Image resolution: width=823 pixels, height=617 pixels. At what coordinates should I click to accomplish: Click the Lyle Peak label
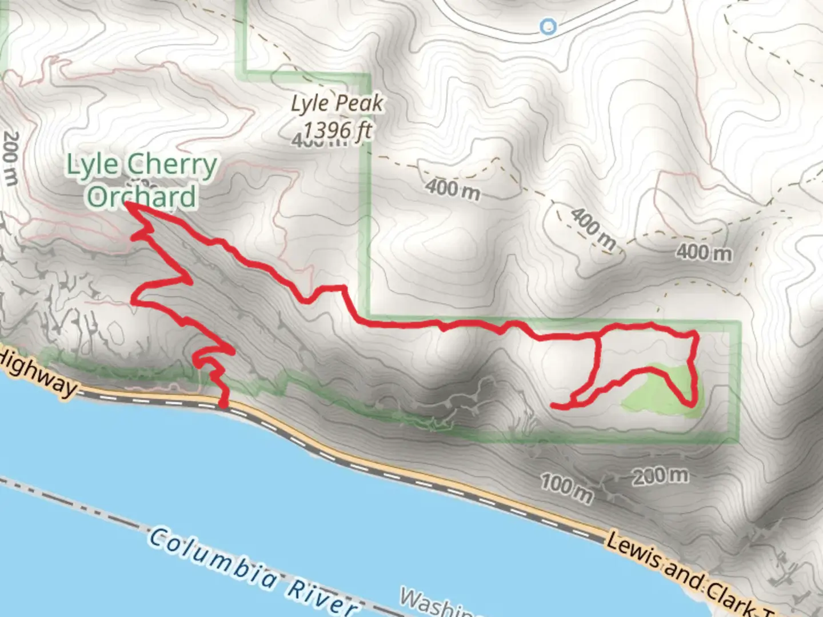(x=337, y=104)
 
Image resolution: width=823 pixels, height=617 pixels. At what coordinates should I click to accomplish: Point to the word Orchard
(x=141, y=196)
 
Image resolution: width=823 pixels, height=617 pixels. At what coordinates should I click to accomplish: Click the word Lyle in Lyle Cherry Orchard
(x=91, y=165)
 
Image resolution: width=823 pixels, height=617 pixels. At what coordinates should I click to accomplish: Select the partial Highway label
(x=37, y=374)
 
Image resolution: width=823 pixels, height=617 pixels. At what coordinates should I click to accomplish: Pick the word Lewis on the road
(x=633, y=550)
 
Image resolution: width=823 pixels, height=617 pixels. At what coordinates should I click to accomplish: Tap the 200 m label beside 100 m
(x=661, y=476)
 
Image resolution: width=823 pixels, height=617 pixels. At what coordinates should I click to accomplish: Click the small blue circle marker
(x=548, y=26)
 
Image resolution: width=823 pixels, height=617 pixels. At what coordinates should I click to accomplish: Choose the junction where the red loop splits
(x=596, y=337)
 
